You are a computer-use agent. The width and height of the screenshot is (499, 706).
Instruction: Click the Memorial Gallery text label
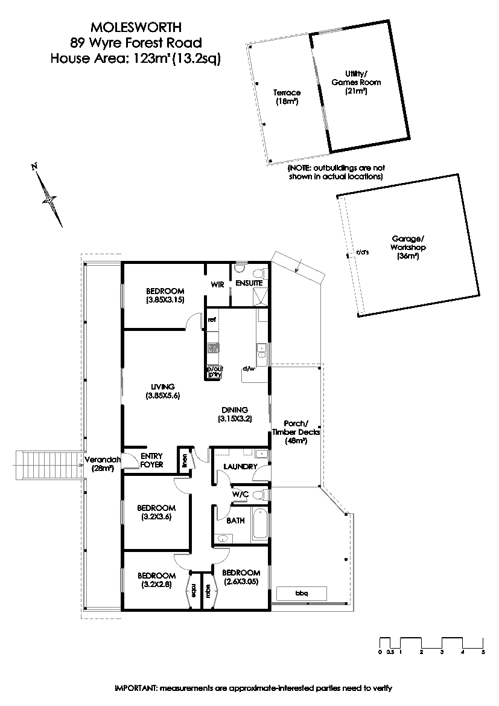(101, 463)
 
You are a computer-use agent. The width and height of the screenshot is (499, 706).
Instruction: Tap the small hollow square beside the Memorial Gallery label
(130, 462)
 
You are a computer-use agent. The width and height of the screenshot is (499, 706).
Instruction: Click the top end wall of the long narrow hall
(101, 254)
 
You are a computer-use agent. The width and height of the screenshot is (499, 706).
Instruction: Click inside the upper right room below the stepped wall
(296, 320)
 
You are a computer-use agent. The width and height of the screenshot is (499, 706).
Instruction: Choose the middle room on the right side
(296, 426)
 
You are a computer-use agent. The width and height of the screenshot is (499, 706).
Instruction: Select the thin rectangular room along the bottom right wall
(300, 594)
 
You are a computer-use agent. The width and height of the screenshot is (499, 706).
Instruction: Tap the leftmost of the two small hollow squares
(241, 268)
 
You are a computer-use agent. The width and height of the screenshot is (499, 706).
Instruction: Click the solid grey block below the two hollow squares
(259, 297)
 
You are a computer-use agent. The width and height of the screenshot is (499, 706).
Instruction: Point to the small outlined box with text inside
(215, 372)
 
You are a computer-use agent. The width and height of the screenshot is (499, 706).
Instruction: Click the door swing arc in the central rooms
(241, 492)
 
